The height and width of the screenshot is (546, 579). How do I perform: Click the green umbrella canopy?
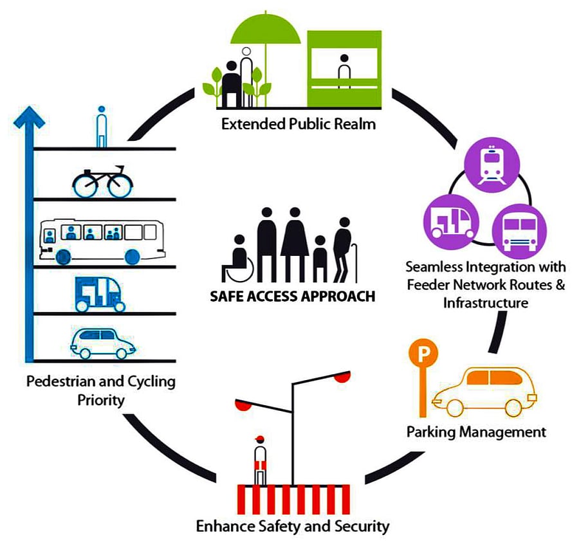(x=266, y=28)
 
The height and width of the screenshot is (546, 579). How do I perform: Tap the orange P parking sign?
(x=422, y=353)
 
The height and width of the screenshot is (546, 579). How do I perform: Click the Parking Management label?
(x=476, y=432)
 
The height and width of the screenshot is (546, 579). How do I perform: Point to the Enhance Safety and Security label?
(x=293, y=526)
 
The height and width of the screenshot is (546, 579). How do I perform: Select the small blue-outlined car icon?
(x=103, y=343)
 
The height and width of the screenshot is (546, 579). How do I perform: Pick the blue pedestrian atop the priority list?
(x=102, y=127)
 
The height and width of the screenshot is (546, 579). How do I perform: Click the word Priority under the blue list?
(x=100, y=399)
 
